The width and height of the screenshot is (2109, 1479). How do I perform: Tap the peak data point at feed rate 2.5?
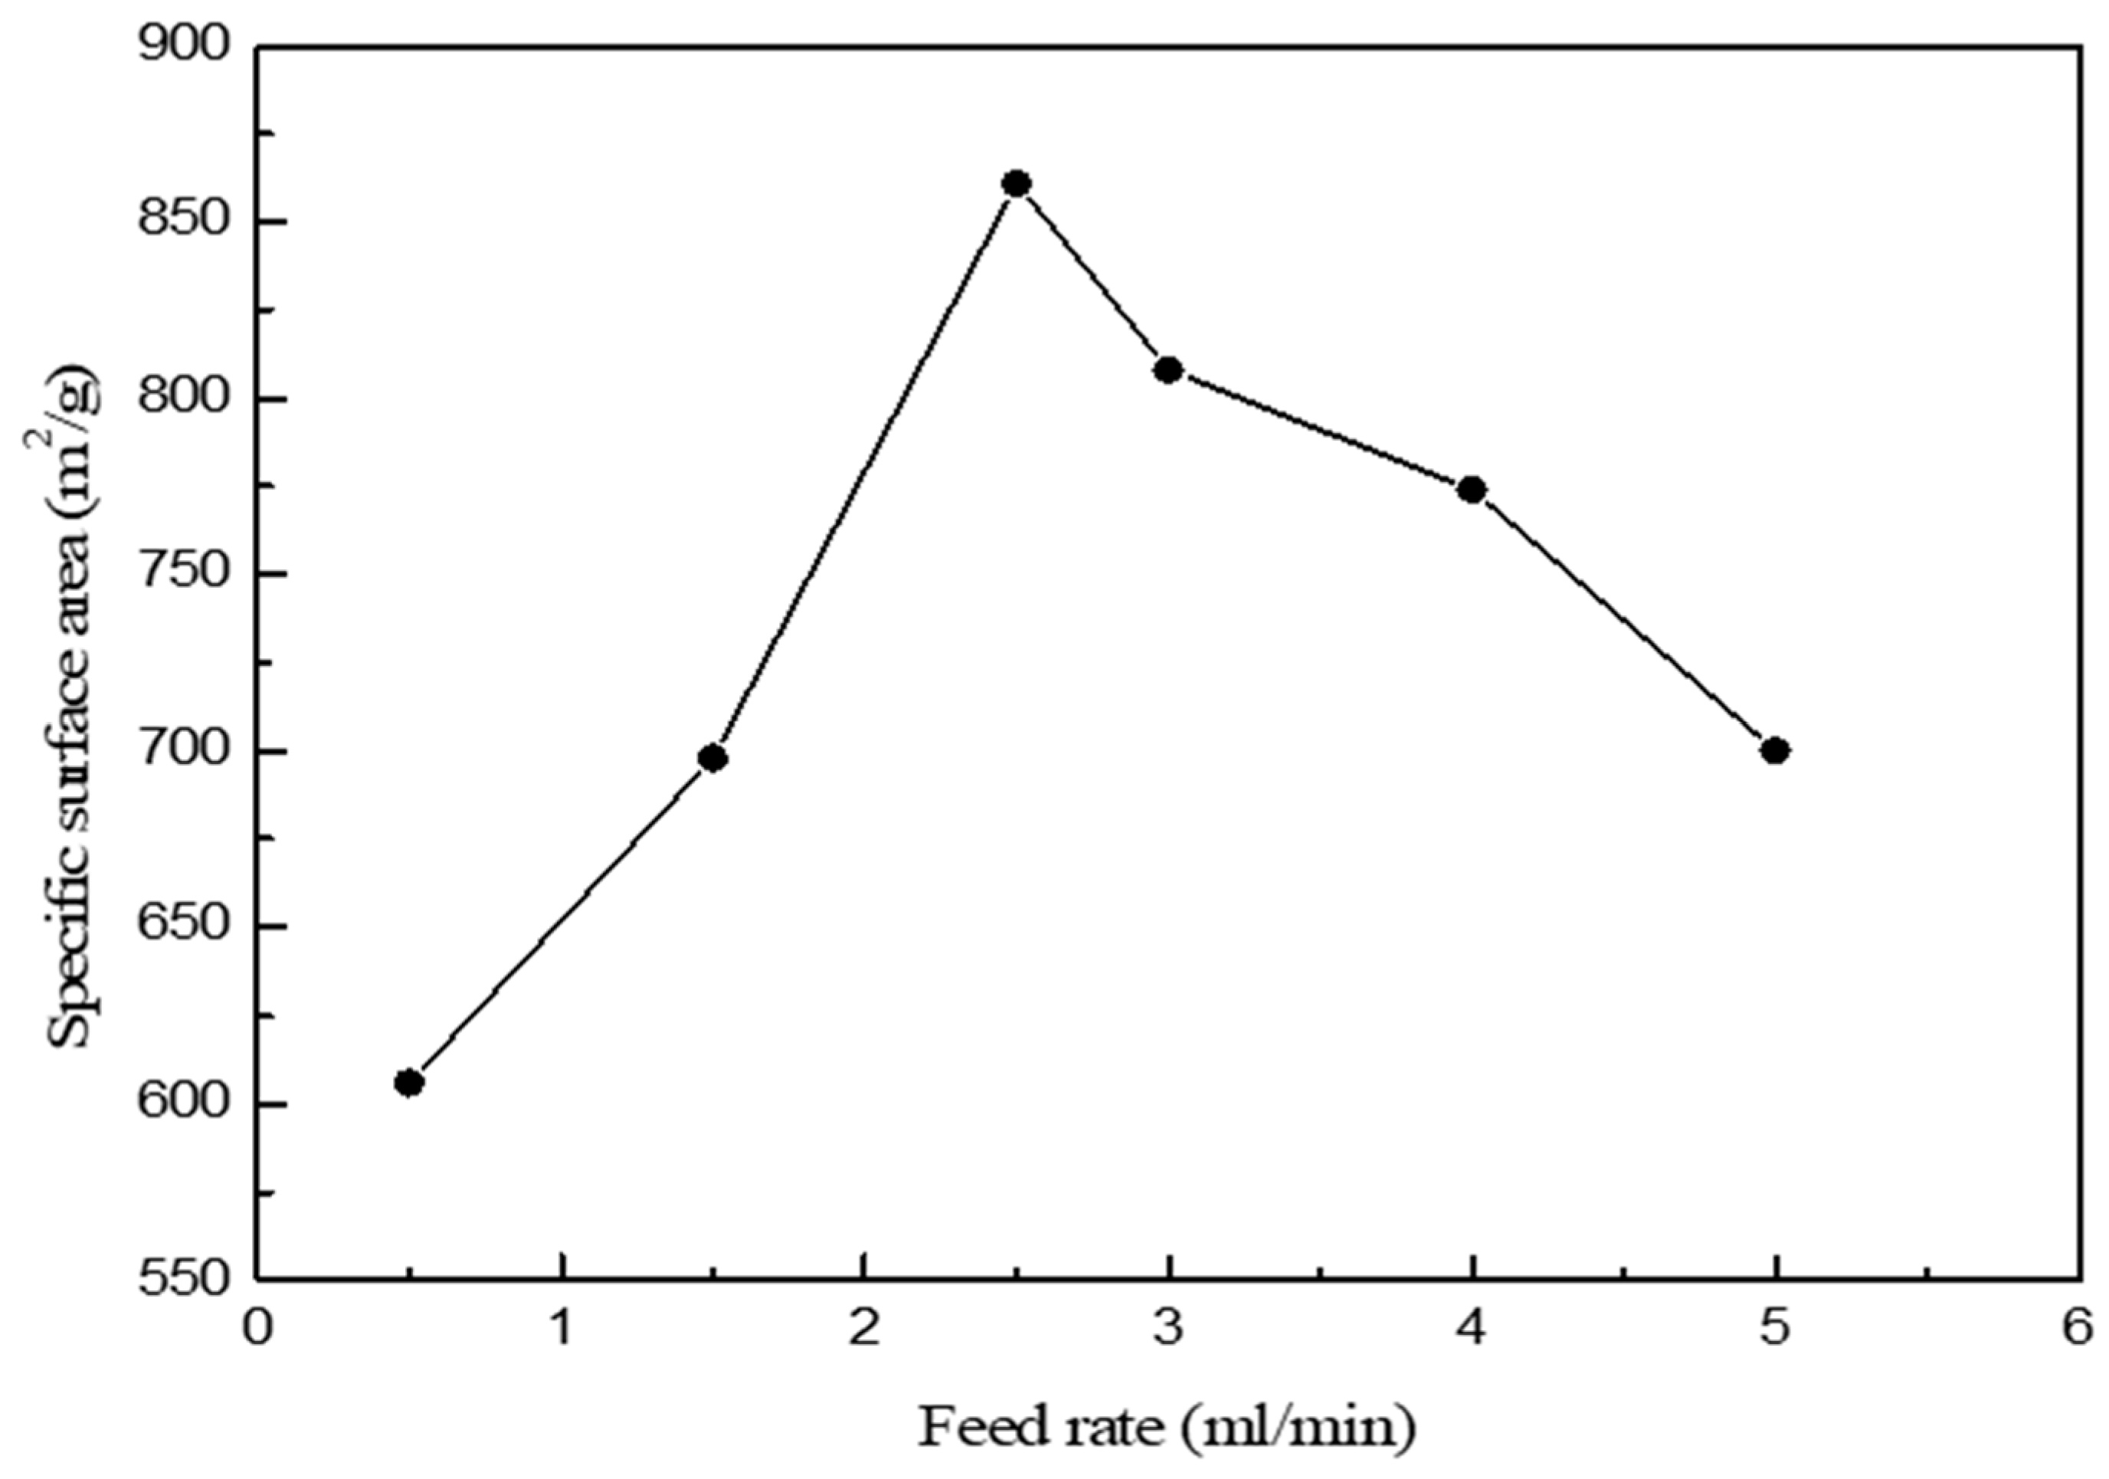(x=1016, y=184)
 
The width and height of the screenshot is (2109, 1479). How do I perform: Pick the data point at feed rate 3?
(x=1168, y=370)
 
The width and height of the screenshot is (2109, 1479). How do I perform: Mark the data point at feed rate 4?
(x=1472, y=490)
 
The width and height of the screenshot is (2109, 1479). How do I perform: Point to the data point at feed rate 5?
(x=1776, y=750)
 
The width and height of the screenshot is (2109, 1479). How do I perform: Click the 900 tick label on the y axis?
(x=184, y=46)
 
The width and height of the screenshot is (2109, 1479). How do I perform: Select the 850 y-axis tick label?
(x=184, y=222)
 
